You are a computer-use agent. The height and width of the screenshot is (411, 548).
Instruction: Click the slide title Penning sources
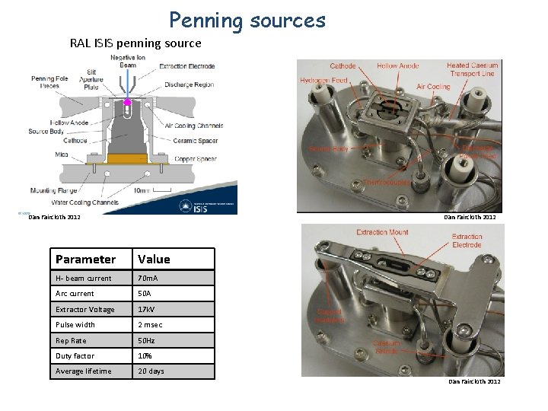click(x=247, y=20)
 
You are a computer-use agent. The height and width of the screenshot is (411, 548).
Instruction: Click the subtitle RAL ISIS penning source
click(x=135, y=43)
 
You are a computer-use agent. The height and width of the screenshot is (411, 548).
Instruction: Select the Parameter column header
click(x=85, y=259)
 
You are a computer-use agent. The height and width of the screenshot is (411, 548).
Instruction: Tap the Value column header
click(x=154, y=259)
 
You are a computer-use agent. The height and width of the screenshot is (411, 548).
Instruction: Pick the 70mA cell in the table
click(x=148, y=279)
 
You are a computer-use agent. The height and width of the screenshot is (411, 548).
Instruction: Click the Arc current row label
click(x=75, y=294)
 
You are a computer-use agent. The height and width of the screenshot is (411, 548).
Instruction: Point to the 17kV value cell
click(x=147, y=310)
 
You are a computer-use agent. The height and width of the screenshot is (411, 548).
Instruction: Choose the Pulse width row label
click(x=75, y=325)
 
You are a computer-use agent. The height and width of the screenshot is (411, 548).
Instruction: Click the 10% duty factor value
click(x=145, y=356)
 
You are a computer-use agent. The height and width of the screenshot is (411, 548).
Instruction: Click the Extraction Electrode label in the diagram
click(x=186, y=66)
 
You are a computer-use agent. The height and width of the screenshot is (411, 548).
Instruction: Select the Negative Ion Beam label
click(x=128, y=61)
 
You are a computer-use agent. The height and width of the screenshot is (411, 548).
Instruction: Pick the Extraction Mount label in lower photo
click(x=382, y=233)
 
